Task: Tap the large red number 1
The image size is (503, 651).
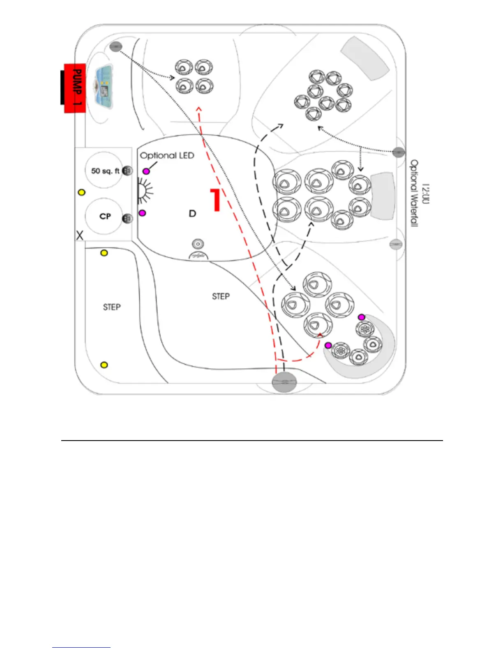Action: [x=215, y=200]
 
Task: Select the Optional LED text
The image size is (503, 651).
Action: [x=167, y=156]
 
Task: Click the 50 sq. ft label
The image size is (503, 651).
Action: [x=105, y=171]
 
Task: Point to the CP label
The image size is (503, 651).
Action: [x=105, y=216]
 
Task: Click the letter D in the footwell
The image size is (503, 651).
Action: [x=192, y=213]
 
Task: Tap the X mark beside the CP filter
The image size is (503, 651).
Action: [x=80, y=235]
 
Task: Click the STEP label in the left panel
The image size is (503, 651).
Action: [x=112, y=307]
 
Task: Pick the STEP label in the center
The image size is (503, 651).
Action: [x=221, y=296]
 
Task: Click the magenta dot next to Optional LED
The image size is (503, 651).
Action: [x=146, y=171]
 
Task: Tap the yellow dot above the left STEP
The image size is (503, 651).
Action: [x=104, y=253]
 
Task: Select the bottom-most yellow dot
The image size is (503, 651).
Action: [x=104, y=365]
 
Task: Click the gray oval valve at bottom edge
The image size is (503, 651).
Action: [x=284, y=382]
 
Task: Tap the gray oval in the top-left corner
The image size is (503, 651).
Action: [x=116, y=47]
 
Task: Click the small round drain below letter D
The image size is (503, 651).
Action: [x=198, y=244]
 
